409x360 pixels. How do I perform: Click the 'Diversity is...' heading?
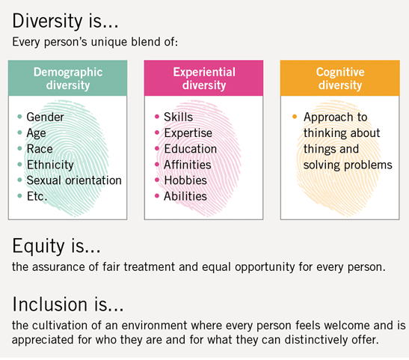click(x=66, y=21)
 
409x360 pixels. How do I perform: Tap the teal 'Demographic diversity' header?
click(x=68, y=78)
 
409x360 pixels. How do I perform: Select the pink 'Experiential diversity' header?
click(x=203, y=78)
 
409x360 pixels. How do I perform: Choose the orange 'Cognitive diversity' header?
click(x=340, y=78)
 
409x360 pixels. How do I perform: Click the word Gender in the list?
click(x=45, y=117)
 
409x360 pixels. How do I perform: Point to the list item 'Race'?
click(x=40, y=149)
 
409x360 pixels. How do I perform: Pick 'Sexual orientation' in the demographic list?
click(x=74, y=180)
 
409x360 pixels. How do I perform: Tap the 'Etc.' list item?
click(x=37, y=196)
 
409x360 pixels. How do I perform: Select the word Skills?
click(x=179, y=117)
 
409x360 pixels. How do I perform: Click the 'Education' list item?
click(x=191, y=149)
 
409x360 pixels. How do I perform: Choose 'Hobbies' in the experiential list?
click(x=185, y=180)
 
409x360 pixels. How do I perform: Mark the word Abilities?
click(x=185, y=196)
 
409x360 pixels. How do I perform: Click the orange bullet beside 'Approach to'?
click(x=295, y=117)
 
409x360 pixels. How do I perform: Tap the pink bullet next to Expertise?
click(x=157, y=132)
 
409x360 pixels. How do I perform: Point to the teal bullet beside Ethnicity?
click(x=19, y=164)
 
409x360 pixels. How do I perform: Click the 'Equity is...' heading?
click(x=56, y=246)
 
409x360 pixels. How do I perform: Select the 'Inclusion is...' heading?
click(x=68, y=304)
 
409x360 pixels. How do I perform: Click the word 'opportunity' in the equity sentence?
click(x=265, y=267)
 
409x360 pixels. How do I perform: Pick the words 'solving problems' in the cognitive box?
click(x=348, y=165)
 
